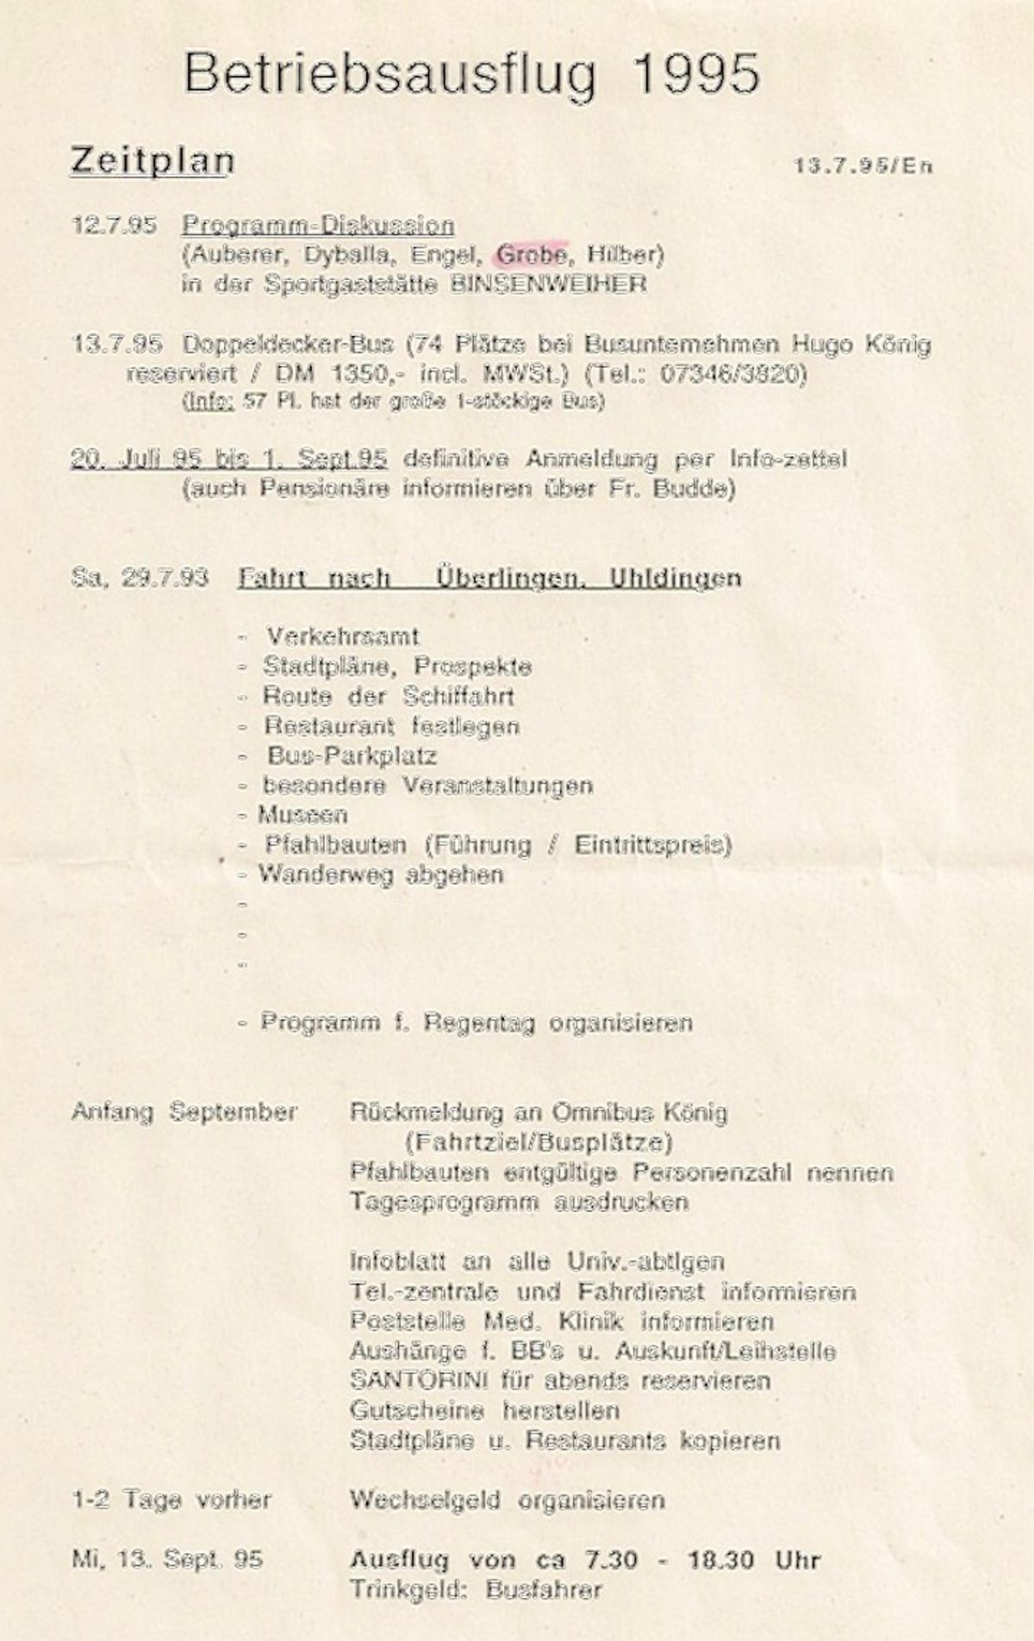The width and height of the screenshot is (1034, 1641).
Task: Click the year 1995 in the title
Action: [695, 74]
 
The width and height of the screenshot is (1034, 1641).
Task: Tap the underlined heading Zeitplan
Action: [152, 161]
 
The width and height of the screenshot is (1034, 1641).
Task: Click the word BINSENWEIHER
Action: [548, 284]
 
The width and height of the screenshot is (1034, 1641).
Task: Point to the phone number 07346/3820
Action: [732, 375]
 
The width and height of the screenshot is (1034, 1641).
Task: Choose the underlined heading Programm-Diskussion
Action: [318, 226]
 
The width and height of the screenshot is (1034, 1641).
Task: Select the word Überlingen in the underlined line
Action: [508, 577]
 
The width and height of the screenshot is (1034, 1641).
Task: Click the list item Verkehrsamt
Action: [342, 637]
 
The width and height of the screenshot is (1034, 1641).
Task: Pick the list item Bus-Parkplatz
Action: [352, 756]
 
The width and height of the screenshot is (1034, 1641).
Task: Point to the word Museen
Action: [302, 815]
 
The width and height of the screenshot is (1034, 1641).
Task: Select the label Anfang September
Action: [184, 1112]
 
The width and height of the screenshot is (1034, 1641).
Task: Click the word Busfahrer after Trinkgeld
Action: [543, 1589]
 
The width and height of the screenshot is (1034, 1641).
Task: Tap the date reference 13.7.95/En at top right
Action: [863, 166]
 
